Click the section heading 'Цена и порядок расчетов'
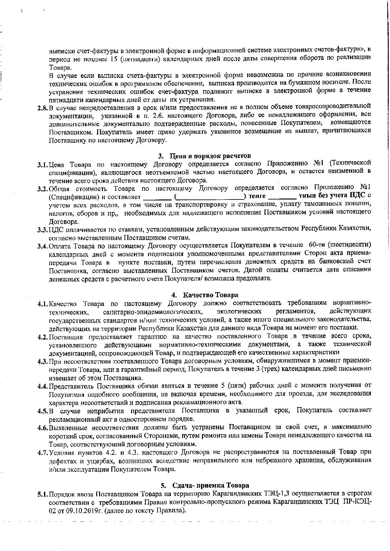210,156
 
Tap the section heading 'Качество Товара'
211,295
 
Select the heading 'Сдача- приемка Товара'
210,485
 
